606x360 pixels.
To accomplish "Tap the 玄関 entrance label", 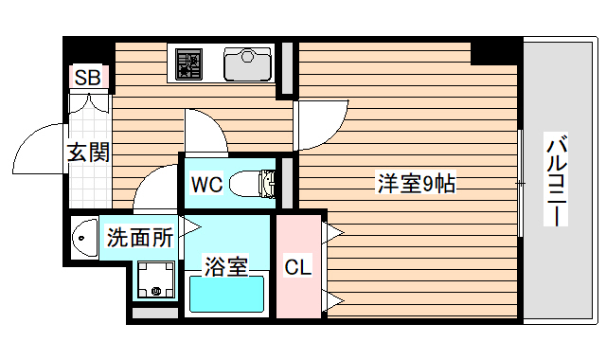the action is click(88, 152).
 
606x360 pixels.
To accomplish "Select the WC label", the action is click(206, 184).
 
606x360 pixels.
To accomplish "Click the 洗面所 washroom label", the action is click(139, 237).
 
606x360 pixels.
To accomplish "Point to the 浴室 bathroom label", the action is click(226, 266).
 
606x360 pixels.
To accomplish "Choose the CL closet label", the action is click(297, 268).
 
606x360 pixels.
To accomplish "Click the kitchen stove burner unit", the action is click(189, 64).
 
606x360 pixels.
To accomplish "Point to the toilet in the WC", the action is click(250, 182).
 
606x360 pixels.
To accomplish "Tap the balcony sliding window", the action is click(521, 181).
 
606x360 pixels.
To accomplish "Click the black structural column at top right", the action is click(494, 50).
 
